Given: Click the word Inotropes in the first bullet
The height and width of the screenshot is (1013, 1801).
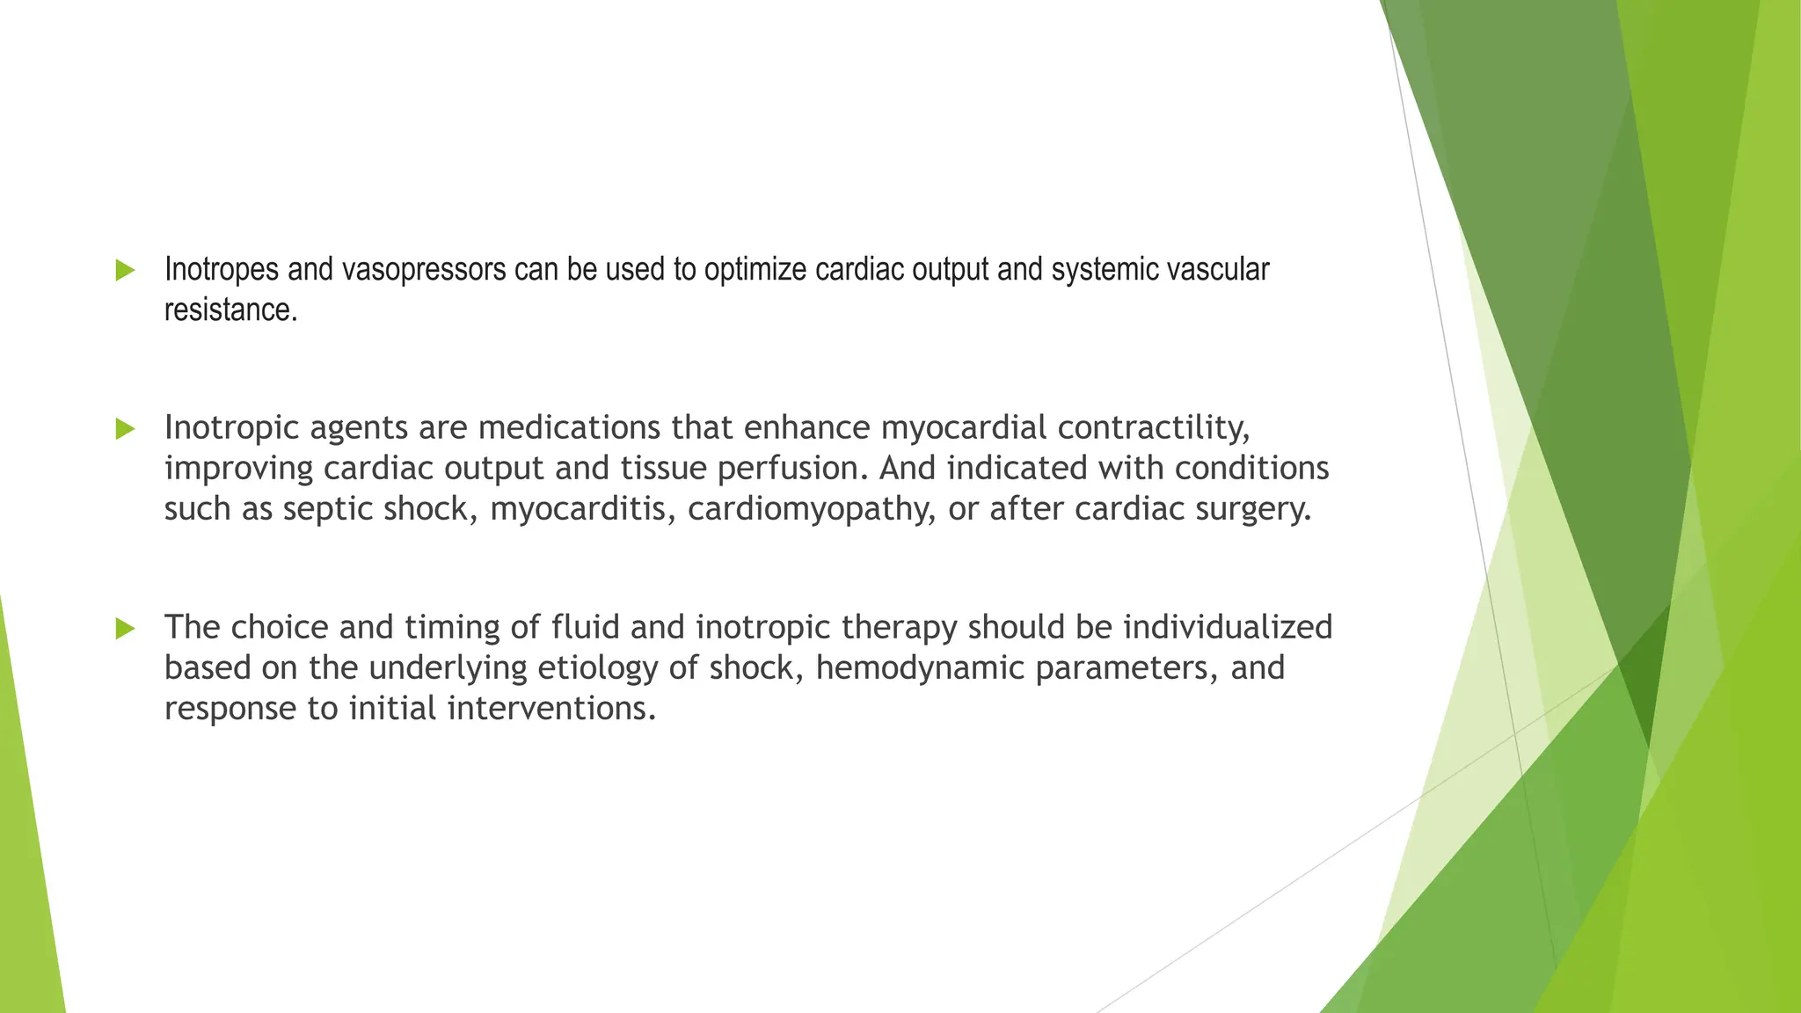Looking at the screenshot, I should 223,270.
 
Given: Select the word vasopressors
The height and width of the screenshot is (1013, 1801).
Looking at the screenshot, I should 424,270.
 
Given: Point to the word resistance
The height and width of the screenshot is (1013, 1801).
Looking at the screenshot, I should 230,310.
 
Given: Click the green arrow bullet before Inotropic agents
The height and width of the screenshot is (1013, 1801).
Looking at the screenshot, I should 126,429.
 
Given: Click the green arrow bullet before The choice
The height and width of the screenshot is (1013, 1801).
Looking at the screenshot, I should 126,629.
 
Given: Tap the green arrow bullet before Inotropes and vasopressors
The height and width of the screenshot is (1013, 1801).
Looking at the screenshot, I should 126,271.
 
